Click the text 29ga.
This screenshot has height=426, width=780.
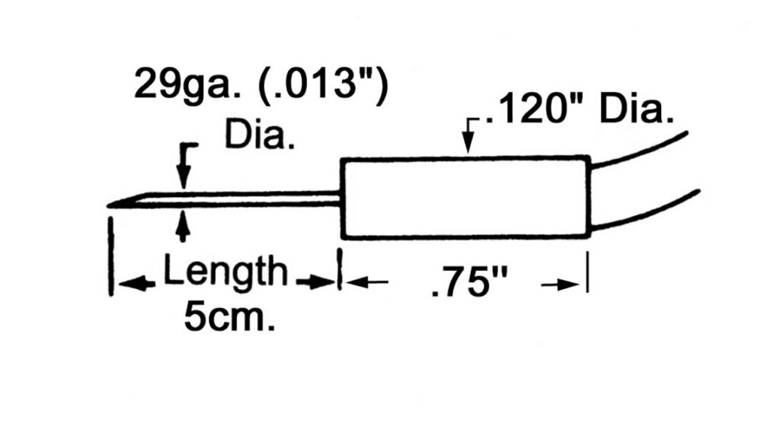coord(187,85)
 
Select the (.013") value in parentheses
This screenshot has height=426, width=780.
coord(322,85)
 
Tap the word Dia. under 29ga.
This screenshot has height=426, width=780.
coord(259,135)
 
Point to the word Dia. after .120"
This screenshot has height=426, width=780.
coord(636,110)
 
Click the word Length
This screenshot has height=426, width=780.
coord(225,271)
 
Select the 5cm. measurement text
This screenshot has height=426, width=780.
coord(229,316)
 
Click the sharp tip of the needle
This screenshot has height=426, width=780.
coord(108,205)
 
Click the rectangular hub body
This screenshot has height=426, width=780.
coord(465,198)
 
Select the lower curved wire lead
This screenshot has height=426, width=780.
coord(646,211)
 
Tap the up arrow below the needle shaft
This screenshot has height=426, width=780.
coord(184,227)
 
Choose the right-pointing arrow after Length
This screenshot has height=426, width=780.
coord(315,283)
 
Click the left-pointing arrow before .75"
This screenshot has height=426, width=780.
coord(366,282)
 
